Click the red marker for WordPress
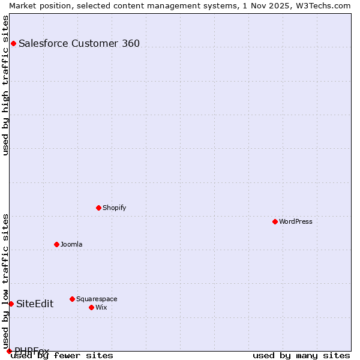coord(275,221)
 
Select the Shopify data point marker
coord(99,208)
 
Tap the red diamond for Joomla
coord(57,244)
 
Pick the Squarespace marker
coord(72,299)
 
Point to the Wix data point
coord(91,307)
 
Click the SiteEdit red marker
coord(11,304)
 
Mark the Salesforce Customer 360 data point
coord(13,43)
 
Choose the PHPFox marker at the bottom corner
coord(9,351)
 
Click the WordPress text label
coord(296,221)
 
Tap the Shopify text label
coord(115,208)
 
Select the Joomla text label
coord(71,244)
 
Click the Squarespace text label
coord(97,299)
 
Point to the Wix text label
coord(101,307)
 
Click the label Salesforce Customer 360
coord(79,43)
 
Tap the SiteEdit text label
coord(35,304)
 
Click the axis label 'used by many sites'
coord(301,356)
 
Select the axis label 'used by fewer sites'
coord(62,356)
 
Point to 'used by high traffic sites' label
coord(5,85)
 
